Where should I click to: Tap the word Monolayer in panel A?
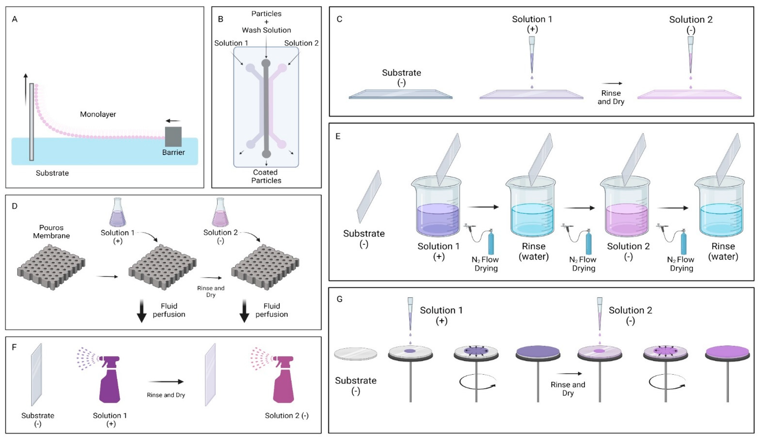[98, 114]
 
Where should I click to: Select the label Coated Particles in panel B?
[266, 176]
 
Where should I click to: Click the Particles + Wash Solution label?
[266, 22]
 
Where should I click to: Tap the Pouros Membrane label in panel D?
[51, 232]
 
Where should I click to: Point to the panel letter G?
[339, 299]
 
